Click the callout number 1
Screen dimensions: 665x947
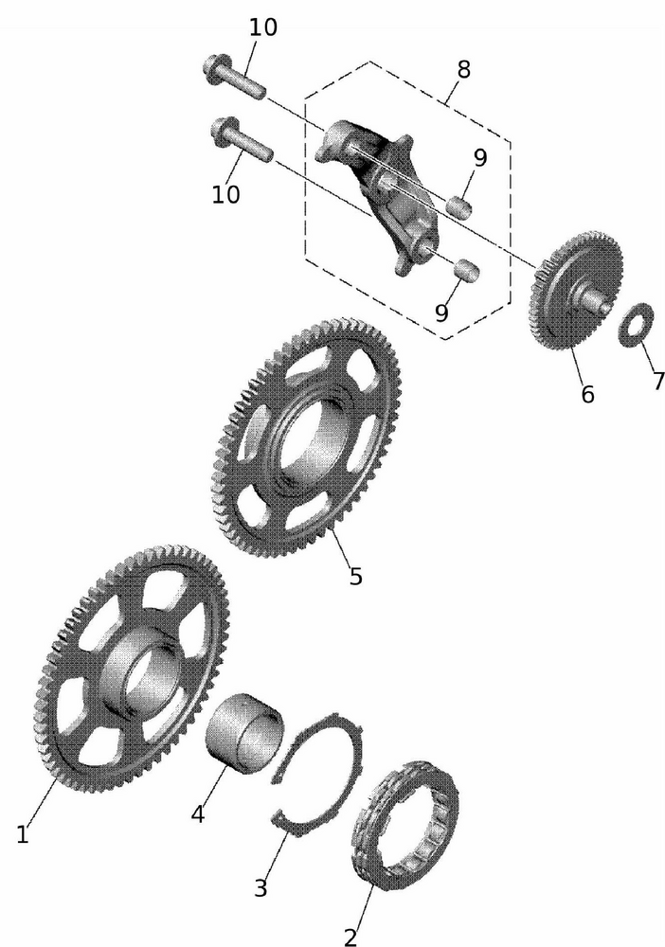point(23,834)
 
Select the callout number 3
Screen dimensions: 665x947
point(261,888)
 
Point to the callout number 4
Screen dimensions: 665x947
point(197,813)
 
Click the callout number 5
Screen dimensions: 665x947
point(356,576)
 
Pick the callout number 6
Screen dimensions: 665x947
point(587,394)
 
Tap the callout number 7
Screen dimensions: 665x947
point(658,381)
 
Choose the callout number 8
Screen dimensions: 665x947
point(463,69)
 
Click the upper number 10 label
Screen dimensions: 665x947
point(263,27)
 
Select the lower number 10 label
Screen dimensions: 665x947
point(225,194)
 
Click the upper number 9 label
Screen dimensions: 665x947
point(480,157)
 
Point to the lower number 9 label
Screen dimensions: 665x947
point(441,313)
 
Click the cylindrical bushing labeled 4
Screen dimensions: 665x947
point(244,733)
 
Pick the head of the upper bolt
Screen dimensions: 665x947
point(214,65)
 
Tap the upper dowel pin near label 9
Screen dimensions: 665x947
point(459,206)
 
